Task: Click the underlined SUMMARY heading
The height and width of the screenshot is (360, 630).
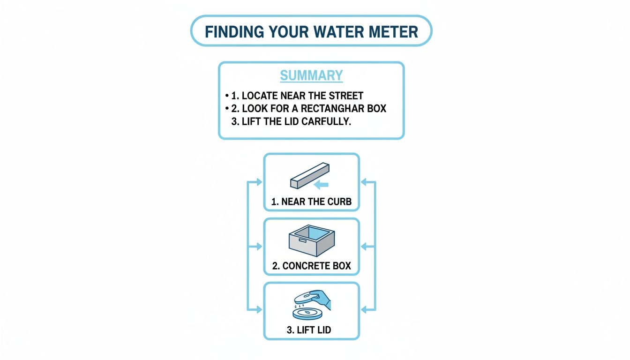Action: [x=311, y=75]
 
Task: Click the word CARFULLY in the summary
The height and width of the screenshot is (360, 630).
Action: [x=334, y=121]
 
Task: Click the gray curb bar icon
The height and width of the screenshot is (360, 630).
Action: [x=309, y=175]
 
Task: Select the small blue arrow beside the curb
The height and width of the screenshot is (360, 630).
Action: [x=321, y=185]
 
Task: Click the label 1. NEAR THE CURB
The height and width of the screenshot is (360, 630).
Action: [x=311, y=202]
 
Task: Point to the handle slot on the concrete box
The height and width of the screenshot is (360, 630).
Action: [x=301, y=241]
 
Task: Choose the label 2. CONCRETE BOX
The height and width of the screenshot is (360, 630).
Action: [x=311, y=266]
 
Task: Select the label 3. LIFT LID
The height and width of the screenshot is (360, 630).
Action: [x=308, y=330]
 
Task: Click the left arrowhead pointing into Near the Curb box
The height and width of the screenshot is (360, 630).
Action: [x=259, y=182]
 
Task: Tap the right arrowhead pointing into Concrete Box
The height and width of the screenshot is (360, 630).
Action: [x=364, y=246]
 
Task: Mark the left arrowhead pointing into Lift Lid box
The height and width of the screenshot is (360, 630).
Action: [x=259, y=309]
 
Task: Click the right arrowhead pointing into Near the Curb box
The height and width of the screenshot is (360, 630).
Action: [x=364, y=182]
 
